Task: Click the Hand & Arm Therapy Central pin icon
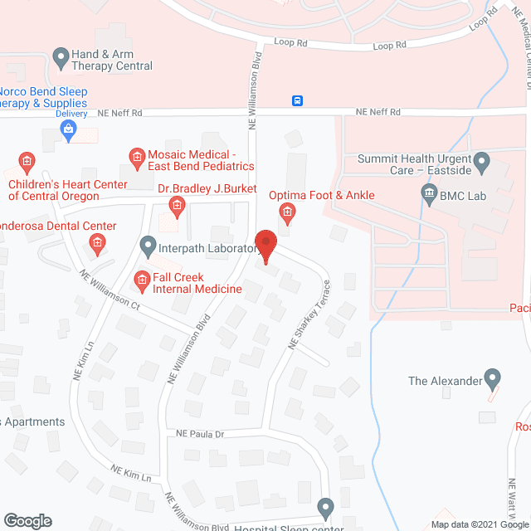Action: click(x=61, y=58)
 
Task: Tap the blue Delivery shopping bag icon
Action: click(x=70, y=129)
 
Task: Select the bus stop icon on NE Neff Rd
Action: click(x=297, y=101)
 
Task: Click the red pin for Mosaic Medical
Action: click(x=136, y=156)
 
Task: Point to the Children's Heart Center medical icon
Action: click(x=27, y=160)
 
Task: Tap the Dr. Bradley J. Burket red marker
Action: click(x=176, y=204)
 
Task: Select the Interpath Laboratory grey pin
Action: click(x=148, y=246)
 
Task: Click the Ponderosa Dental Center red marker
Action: click(x=96, y=243)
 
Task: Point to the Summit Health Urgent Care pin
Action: click(x=480, y=160)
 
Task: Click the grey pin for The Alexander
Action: click(x=493, y=380)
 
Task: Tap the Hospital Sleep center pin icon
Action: click(x=325, y=507)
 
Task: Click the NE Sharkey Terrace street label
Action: click(x=309, y=316)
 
